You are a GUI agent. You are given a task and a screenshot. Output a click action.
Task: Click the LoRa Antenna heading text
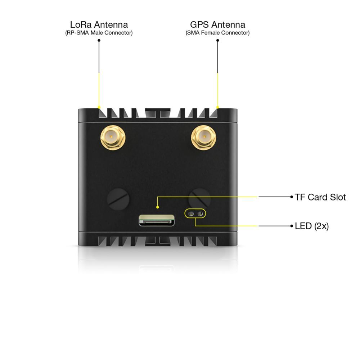(x=99, y=25)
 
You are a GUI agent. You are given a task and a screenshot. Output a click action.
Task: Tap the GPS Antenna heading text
(x=217, y=25)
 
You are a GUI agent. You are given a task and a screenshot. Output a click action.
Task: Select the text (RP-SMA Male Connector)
(x=99, y=33)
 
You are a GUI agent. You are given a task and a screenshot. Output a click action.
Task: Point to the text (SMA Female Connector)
(x=217, y=33)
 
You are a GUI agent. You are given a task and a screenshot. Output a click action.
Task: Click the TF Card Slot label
(x=320, y=197)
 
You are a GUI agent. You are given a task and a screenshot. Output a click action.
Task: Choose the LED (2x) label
(x=311, y=226)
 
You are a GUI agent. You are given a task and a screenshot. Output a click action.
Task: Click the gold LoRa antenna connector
(x=113, y=137)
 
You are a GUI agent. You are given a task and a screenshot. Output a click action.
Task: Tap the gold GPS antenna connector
(x=203, y=136)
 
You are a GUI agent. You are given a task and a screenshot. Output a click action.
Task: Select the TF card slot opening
(x=157, y=220)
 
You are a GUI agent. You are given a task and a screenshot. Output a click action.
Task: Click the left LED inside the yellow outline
(x=191, y=213)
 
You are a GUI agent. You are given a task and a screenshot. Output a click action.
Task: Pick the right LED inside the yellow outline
(x=200, y=213)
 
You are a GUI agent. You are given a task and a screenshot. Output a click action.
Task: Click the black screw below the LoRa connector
(x=118, y=198)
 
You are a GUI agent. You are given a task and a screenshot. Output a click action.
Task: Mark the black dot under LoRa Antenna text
(x=99, y=40)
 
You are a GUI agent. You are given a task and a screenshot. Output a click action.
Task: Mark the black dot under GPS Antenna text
(x=217, y=40)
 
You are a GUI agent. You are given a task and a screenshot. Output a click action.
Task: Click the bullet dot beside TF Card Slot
(x=292, y=197)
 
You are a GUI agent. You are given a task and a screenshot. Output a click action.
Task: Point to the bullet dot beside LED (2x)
(x=292, y=226)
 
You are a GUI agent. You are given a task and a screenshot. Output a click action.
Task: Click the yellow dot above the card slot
(x=157, y=207)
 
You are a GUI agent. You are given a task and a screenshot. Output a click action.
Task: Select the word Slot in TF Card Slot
(x=338, y=197)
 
